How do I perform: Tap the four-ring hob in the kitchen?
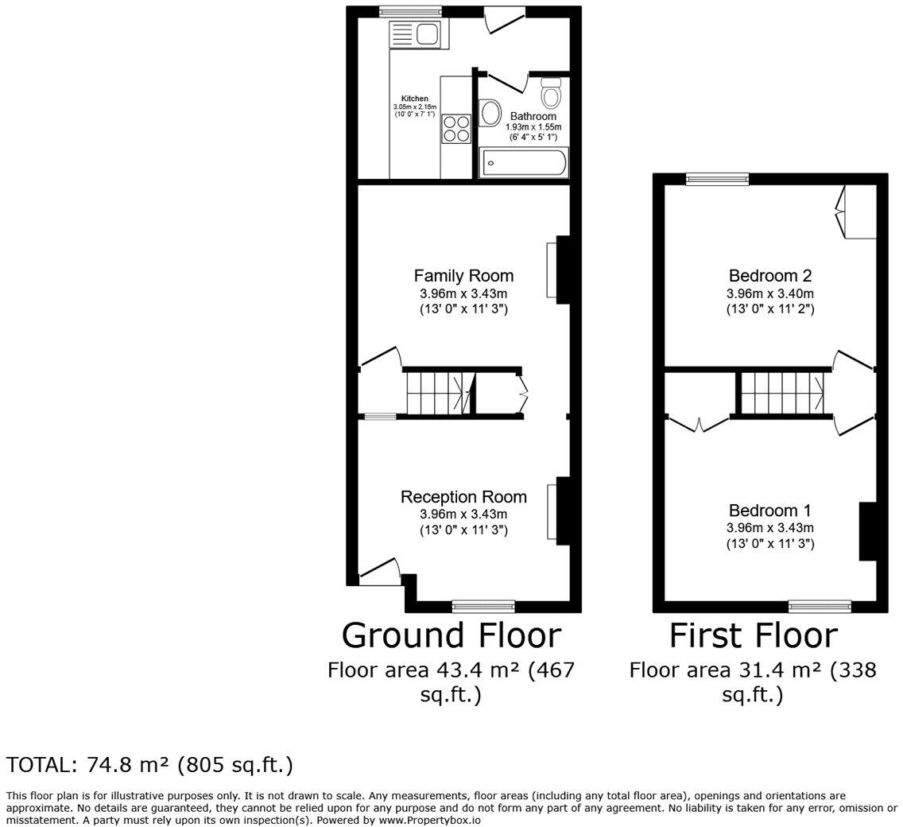coord(456,129)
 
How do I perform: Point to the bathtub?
coord(524,163)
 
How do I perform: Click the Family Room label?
coord(463,276)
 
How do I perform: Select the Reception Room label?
coord(463,497)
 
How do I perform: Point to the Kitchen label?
coord(414,99)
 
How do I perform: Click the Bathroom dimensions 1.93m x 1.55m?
coord(533,127)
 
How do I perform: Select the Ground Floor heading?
coord(451,635)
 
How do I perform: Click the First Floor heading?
coord(753,635)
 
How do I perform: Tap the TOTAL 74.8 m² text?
coord(149,765)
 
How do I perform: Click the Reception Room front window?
coord(483,607)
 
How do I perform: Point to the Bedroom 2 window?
coord(718,179)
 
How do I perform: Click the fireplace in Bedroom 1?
coord(867,532)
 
